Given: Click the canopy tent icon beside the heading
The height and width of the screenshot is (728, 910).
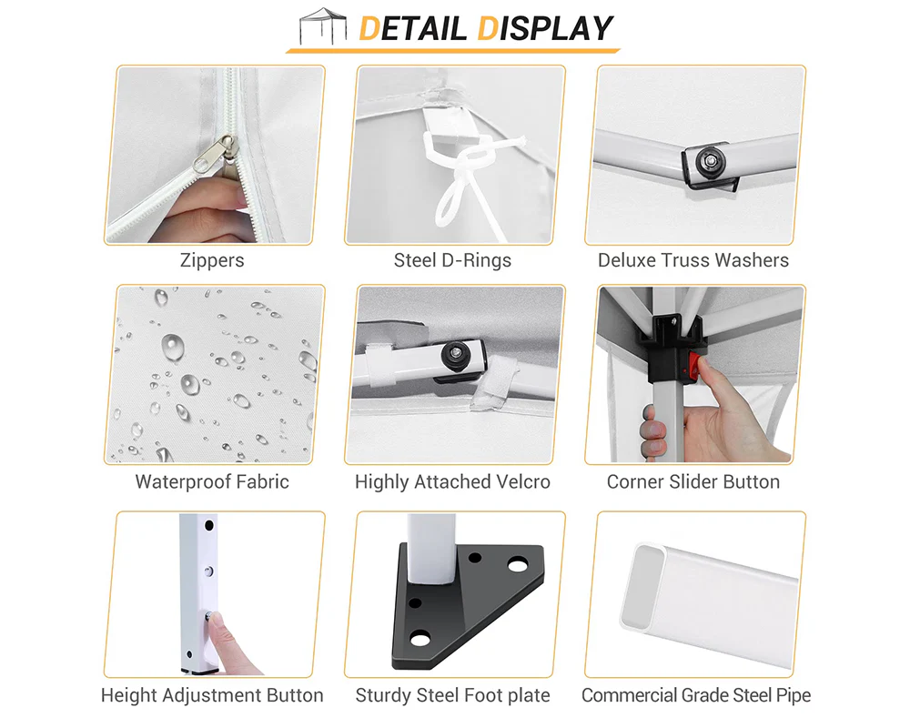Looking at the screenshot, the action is pyautogui.click(x=323, y=26).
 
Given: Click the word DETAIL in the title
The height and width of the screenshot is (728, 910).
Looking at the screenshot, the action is pyautogui.click(x=412, y=28).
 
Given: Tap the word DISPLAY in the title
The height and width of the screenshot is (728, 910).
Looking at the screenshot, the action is pyautogui.click(x=545, y=28).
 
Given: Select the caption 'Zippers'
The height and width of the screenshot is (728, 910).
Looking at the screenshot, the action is pyautogui.click(x=212, y=260).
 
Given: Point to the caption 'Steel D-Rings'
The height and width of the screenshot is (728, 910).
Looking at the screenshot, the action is pyautogui.click(x=452, y=260).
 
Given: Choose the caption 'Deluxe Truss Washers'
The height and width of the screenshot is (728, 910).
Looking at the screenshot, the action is pyautogui.click(x=693, y=260).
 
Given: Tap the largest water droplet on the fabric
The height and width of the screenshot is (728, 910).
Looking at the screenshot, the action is pyautogui.click(x=172, y=347).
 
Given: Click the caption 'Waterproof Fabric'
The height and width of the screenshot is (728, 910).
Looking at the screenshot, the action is pyautogui.click(x=212, y=482).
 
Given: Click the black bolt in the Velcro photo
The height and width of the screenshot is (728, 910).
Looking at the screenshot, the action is pyautogui.click(x=457, y=355).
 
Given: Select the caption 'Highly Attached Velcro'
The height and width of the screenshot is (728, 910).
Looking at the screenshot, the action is pyautogui.click(x=452, y=482).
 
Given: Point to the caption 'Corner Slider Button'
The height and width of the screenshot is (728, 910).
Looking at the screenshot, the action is pyautogui.click(x=693, y=482).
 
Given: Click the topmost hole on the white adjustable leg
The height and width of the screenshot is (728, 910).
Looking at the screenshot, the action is pyautogui.click(x=209, y=525).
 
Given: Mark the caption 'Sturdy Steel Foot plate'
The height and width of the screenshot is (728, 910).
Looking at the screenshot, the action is pyautogui.click(x=452, y=695).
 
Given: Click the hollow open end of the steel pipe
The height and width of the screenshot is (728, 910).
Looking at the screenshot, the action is pyautogui.click(x=642, y=586).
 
